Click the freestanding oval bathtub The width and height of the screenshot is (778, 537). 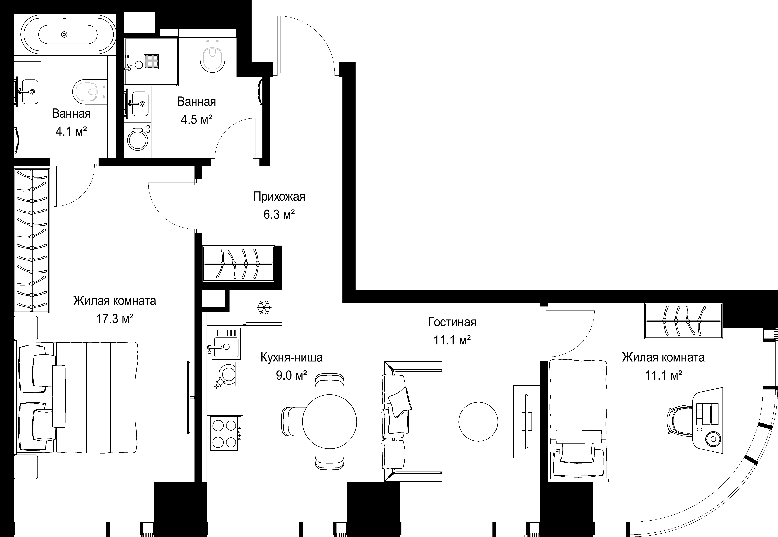(x=68, y=34)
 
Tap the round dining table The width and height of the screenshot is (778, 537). (x=329, y=421)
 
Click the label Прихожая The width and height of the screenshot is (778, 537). (x=279, y=197)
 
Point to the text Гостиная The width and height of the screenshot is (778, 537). (x=452, y=322)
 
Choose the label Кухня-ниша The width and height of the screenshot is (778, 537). (x=291, y=357)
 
